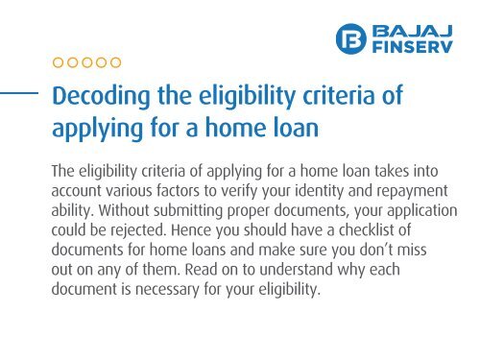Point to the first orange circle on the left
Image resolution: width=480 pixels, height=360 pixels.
(x=57, y=63)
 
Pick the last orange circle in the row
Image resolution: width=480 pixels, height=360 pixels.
(x=115, y=63)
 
